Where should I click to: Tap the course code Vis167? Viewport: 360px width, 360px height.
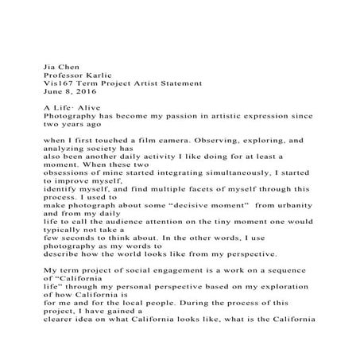[x=59, y=83]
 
